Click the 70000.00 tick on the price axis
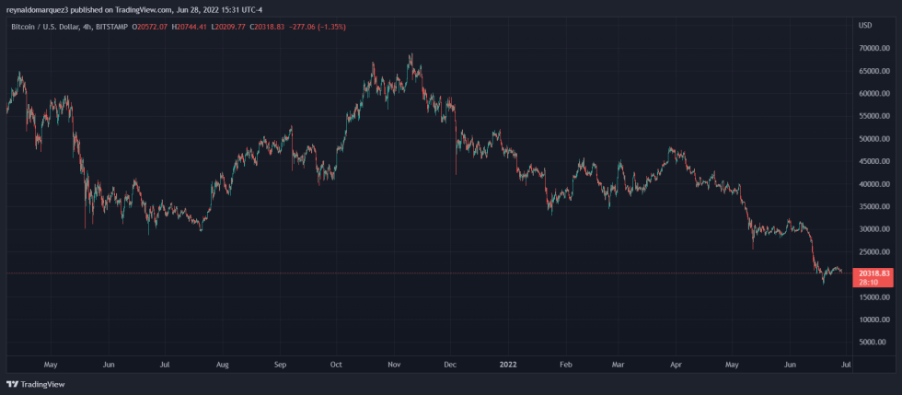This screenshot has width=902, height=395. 871,48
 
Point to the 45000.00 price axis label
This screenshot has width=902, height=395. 871,161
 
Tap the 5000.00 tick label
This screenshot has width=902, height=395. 873,342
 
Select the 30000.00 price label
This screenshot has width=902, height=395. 871,229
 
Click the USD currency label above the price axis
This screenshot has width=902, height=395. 865,25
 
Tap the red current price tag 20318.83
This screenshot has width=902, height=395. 873,273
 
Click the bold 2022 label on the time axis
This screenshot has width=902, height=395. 508,365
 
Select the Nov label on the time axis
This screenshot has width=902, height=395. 394,365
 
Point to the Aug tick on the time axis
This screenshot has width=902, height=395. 223,365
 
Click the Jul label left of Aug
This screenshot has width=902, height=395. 166,365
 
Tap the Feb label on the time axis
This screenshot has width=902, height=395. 566,365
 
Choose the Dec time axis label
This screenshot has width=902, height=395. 450,365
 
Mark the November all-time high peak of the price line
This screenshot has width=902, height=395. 411,55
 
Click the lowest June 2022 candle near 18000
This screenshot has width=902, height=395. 824,282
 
